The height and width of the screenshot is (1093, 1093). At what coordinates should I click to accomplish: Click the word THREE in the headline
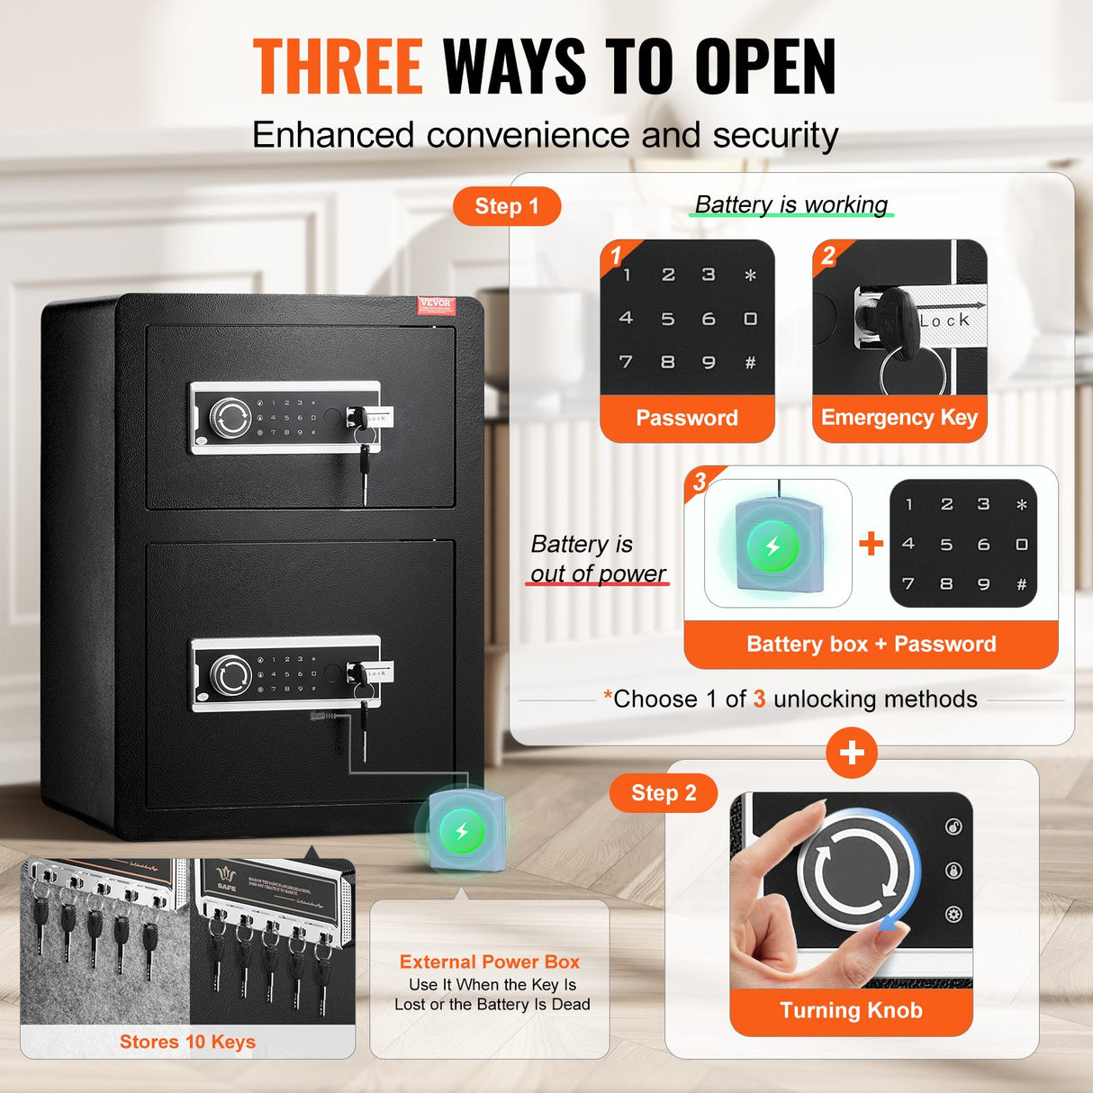click(338, 67)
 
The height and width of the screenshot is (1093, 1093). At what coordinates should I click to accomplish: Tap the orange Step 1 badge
click(506, 206)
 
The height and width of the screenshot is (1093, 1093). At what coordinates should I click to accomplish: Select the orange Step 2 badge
click(664, 793)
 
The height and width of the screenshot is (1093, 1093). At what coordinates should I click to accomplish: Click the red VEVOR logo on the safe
click(437, 305)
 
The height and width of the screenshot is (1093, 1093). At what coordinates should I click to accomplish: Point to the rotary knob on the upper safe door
click(230, 418)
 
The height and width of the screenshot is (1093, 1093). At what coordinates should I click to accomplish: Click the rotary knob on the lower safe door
click(230, 674)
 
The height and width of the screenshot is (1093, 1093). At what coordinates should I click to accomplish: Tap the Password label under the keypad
click(687, 418)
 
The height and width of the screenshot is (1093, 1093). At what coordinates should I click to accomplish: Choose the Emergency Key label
click(899, 418)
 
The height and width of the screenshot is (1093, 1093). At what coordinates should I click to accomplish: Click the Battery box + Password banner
click(871, 644)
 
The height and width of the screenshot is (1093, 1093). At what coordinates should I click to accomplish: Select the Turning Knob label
click(851, 1010)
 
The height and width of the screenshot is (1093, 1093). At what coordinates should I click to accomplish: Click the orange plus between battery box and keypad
click(871, 543)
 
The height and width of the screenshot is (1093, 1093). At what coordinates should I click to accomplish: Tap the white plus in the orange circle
click(852, 753)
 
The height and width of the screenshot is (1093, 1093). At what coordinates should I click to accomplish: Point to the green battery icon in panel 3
click(772, 546)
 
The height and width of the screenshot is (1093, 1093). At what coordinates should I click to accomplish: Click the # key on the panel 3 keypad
click(1022, 584)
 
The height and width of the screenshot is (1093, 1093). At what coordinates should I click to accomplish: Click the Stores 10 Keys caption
click(187, 1042)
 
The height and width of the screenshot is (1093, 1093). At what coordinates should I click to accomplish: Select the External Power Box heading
click(490, 962)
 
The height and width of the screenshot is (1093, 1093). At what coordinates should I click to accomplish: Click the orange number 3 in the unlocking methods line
click(759, 700)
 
